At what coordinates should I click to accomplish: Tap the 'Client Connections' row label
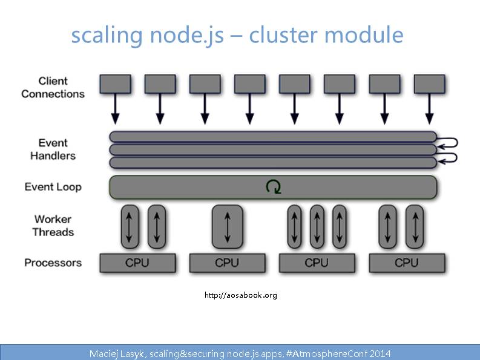tap(53, 87)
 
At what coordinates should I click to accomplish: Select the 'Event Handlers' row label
tap(53, 149)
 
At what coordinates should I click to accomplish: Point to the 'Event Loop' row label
tap(53, 186)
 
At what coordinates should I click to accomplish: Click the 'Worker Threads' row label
tap(53, 225)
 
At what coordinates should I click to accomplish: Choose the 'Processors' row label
tap(53, 263)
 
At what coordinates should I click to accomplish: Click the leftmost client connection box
tap(115, 83)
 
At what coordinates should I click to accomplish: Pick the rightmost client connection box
tap(430, 83)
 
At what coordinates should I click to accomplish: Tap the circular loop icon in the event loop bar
tap(274, 187)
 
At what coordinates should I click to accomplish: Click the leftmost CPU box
tap(137, 263)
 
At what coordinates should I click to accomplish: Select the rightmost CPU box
tap(407, 263)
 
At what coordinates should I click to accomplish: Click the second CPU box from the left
tap(227, 263)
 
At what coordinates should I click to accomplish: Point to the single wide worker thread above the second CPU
tap(227, 226)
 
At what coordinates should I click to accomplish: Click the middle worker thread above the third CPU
tap(317, 226)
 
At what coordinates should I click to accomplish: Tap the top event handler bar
tap(272, 137)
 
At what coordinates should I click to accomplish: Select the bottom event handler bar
tap(272, 162)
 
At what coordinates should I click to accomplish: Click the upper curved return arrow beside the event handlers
tap(449, 143)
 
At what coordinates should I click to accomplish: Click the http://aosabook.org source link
tap(240, 295)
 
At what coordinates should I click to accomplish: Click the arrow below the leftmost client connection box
tap(115, 109)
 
